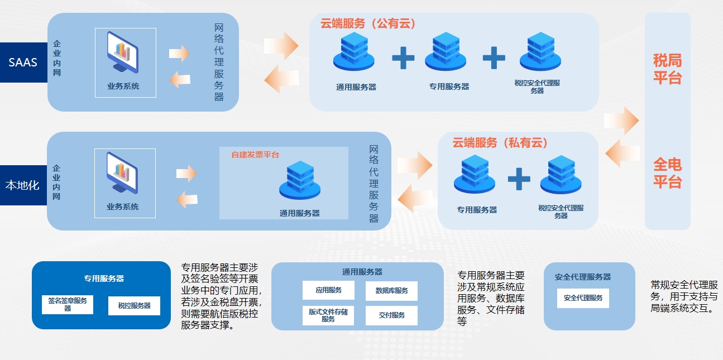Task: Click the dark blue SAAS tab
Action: [x=23, y=63]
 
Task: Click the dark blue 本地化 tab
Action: [x=23, y=185]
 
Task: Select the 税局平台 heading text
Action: [x=667, y=69]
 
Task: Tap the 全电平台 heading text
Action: [x=667, y=173]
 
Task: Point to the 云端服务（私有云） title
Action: [x=500, y=143]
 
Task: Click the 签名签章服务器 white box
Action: [x=68, y=304]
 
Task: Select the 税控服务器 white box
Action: [x=134, y=306]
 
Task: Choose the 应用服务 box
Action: [x=328, y=290]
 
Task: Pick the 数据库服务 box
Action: [x=391, y=291]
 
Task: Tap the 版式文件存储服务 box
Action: [x=328, y=315]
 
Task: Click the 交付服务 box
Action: [x=391, y=315]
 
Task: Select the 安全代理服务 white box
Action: [x=583, y=298]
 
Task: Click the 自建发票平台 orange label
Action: [x=255, y=155]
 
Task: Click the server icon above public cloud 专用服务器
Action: [x=446, y=51]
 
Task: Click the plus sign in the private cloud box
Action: [x=519, y=179]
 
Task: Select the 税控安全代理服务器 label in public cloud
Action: [x=537, y=87]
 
